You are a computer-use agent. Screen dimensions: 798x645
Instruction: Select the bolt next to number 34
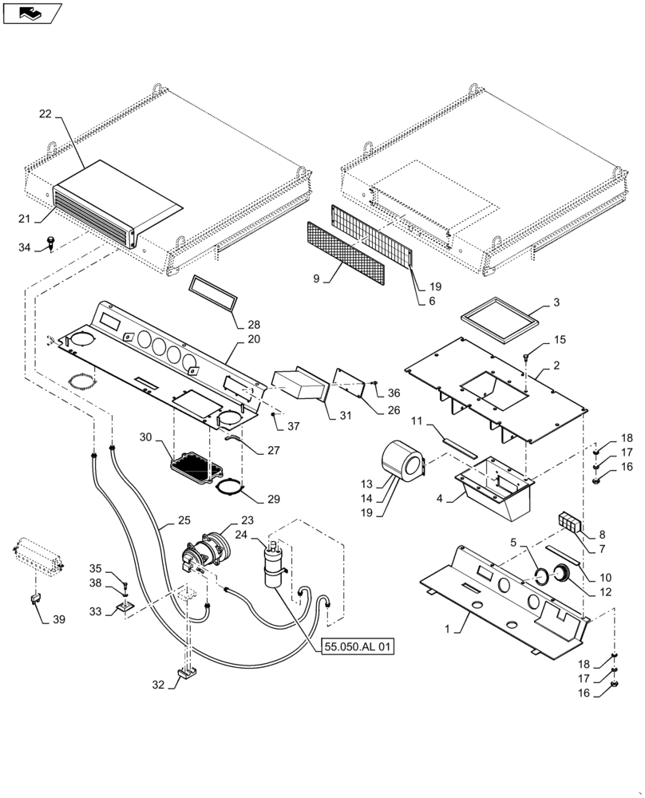[51, 239]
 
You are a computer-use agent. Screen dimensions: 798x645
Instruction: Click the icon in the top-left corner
[32, 12]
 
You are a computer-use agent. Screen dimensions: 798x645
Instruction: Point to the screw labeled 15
[527, 355]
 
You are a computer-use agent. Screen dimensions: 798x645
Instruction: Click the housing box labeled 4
[493, 488]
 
